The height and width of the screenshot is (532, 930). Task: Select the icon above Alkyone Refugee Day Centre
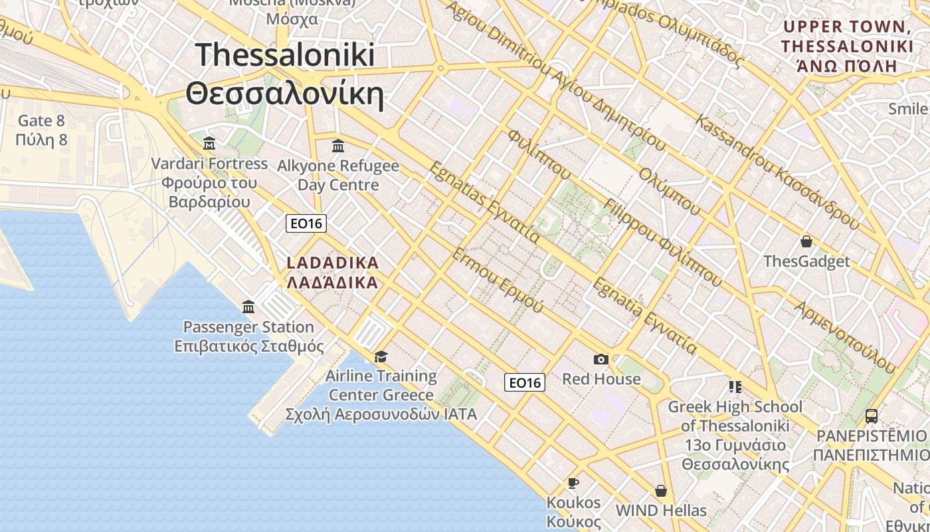(x=338, y=146)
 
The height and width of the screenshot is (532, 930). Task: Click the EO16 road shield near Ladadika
(x=306, y=223)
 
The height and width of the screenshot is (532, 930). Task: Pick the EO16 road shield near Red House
(x=524, y=382)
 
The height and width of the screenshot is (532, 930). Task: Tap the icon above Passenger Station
(x=248, y=307)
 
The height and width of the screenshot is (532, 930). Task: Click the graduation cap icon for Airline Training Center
(x=381, y=357)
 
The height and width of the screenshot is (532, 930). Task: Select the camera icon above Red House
(x=601, y=360)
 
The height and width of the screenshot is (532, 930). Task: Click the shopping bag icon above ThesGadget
(x=806, y=241)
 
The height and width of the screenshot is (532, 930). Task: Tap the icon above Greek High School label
(x=735, y=386)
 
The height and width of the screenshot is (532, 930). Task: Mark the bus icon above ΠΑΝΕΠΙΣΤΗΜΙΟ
(x=871, y=416)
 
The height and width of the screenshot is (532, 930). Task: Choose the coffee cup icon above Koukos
(x=573, y=483)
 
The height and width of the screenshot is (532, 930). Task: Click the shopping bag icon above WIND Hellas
(x=660, y=491)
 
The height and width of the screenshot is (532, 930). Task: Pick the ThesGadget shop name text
(x=806, y=261)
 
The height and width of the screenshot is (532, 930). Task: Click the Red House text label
(x=601, y=379)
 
